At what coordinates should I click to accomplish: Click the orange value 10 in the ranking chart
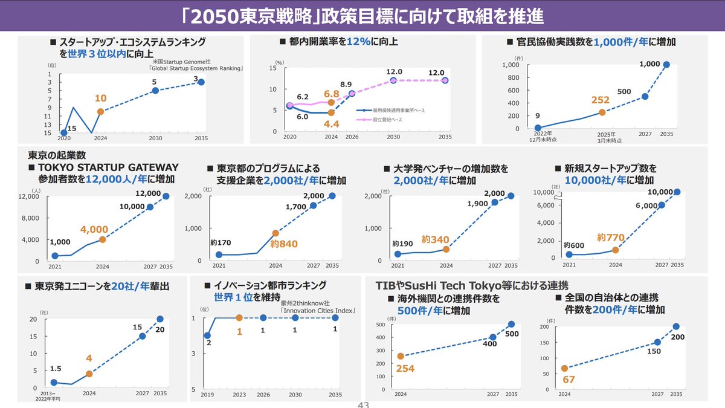[101, 97]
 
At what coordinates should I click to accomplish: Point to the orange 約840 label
[284, 244]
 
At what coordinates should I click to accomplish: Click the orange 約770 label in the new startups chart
[610, 237]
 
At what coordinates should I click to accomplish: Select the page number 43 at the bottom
[363, 405]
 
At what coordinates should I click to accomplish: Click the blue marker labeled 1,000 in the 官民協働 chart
[666, 65]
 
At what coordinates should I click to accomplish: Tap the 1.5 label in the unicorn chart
[56, 368]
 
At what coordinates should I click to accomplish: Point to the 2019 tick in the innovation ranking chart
[207, 395]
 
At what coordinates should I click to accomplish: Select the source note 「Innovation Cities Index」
[317, 311]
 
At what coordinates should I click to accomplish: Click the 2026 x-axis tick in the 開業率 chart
[352, 137]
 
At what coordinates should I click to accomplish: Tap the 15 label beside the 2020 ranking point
[72, 128]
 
